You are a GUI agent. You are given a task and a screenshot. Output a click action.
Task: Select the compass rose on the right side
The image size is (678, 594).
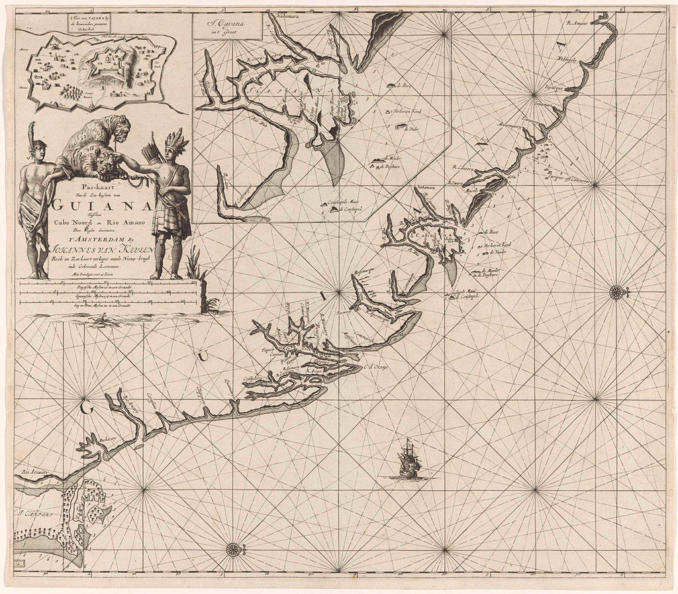click(617, 291)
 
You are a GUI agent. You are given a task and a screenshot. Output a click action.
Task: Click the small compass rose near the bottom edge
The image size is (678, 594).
click(233, 548)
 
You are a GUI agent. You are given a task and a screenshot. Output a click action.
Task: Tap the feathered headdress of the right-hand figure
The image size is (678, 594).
click(176, 140)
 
